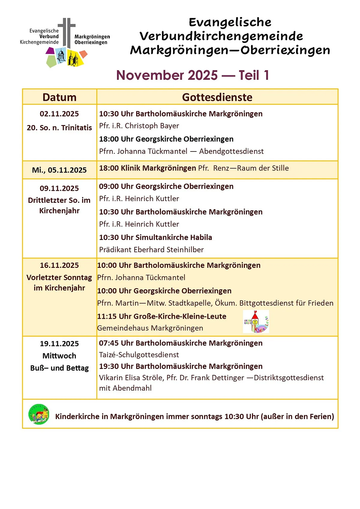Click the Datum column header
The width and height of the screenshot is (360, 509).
click(59, 97)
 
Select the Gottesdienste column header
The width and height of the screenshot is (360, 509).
click(217, 97)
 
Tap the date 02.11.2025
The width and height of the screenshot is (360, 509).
click(59, 114)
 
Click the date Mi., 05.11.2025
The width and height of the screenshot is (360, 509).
click(59, 170)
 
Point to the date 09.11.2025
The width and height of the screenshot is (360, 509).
click(59, 188)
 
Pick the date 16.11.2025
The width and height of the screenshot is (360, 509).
click(59, 265)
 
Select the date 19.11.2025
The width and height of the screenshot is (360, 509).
click(59, 344)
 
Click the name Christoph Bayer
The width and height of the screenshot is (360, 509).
click(152, 126)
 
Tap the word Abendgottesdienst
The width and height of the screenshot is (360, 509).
click(231, 151)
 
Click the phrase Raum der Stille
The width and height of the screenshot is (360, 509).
click(263, 168)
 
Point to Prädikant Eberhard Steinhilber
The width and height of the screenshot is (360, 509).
click(151, 250)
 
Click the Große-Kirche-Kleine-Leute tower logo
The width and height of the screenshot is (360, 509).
click(256, 322)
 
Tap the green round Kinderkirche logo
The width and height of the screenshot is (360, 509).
click(39, 414)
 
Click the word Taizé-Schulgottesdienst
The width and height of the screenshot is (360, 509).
click(139, 355)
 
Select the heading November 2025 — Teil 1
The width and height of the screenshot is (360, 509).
click(193, 75)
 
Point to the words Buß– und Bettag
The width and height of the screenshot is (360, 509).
click(59, 368)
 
